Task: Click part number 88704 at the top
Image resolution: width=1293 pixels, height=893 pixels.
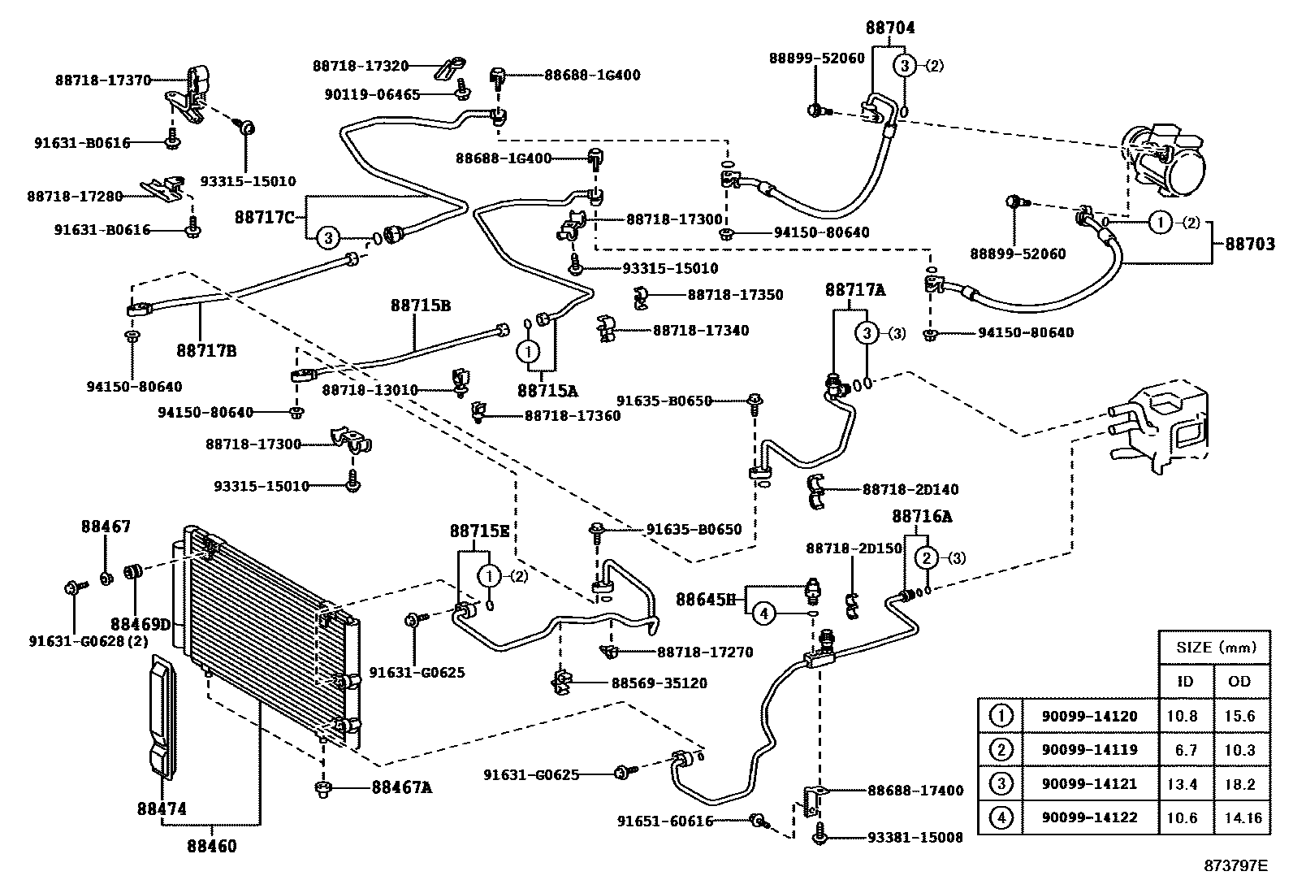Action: [x=889, y=28]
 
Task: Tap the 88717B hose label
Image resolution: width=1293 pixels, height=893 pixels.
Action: [x=206, y=351]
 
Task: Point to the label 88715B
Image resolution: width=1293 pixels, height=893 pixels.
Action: [x=420, y=306]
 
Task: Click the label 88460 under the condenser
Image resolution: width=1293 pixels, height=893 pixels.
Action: [x=211, y=847]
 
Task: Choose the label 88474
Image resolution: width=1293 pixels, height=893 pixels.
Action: [x=162, y=808]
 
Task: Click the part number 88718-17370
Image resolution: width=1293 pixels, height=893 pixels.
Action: [x=103, y=80]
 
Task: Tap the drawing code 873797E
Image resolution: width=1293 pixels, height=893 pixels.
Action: [x=1235, y=865]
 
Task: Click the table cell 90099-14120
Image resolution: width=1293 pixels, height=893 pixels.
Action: [x=1089, y=716]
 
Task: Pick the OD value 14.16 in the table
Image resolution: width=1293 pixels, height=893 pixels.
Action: [x=1240, y=817]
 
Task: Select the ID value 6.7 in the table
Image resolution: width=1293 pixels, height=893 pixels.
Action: [x=1186, y=750]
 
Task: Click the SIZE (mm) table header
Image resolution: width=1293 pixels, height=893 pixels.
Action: [x=1215, y=647]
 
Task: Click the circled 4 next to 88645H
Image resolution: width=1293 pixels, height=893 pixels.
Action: [x=763, y=613]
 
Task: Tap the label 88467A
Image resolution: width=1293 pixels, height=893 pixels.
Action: [x=401, y=787]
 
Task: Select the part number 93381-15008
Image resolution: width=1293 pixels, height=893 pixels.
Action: [x=915, y=837]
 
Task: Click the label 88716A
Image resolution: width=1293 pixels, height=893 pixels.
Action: [x=922, y=516]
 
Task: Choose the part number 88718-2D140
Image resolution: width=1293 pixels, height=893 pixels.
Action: [x=910, y=489]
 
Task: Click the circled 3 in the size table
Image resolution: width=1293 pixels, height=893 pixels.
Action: [x=1001, y=784]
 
